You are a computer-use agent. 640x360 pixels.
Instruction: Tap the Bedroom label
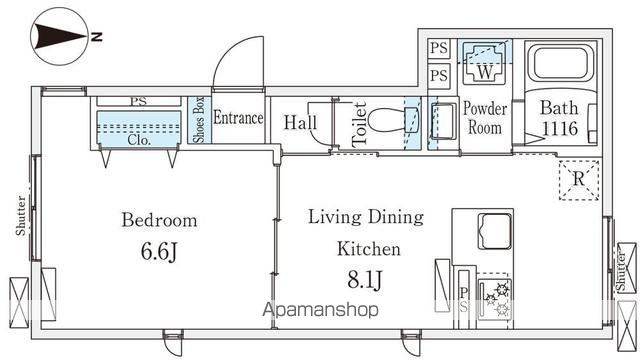[x=159, y=220]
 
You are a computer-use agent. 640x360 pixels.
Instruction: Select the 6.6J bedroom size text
[x=159, y=251]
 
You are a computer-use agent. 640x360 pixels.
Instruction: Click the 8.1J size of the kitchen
[x=365, y=280]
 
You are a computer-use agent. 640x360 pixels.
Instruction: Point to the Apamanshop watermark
[x=320, y=310]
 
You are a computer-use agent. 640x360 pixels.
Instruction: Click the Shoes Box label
[x=199, y=120]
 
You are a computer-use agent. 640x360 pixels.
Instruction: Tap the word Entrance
[x=238, y=118]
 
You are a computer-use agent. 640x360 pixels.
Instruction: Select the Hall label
[x=300, y=122]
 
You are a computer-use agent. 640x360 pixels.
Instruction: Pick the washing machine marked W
[x=485, y=62]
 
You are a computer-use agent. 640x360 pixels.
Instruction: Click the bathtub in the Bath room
[x=561, y=63]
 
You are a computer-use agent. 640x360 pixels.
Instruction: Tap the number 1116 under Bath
[x=560, y=129]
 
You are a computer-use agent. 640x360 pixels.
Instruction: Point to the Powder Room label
[x=485, y=118]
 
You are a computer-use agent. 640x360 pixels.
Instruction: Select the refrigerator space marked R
[x=579, y=180]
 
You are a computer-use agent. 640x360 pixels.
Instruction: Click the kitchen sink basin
[x=495, y=231]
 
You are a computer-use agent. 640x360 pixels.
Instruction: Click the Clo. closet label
[x=139, y=140]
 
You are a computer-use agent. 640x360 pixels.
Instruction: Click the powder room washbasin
[x=443, y=121]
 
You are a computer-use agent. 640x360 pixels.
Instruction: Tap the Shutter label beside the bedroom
[x=20, y=216]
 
